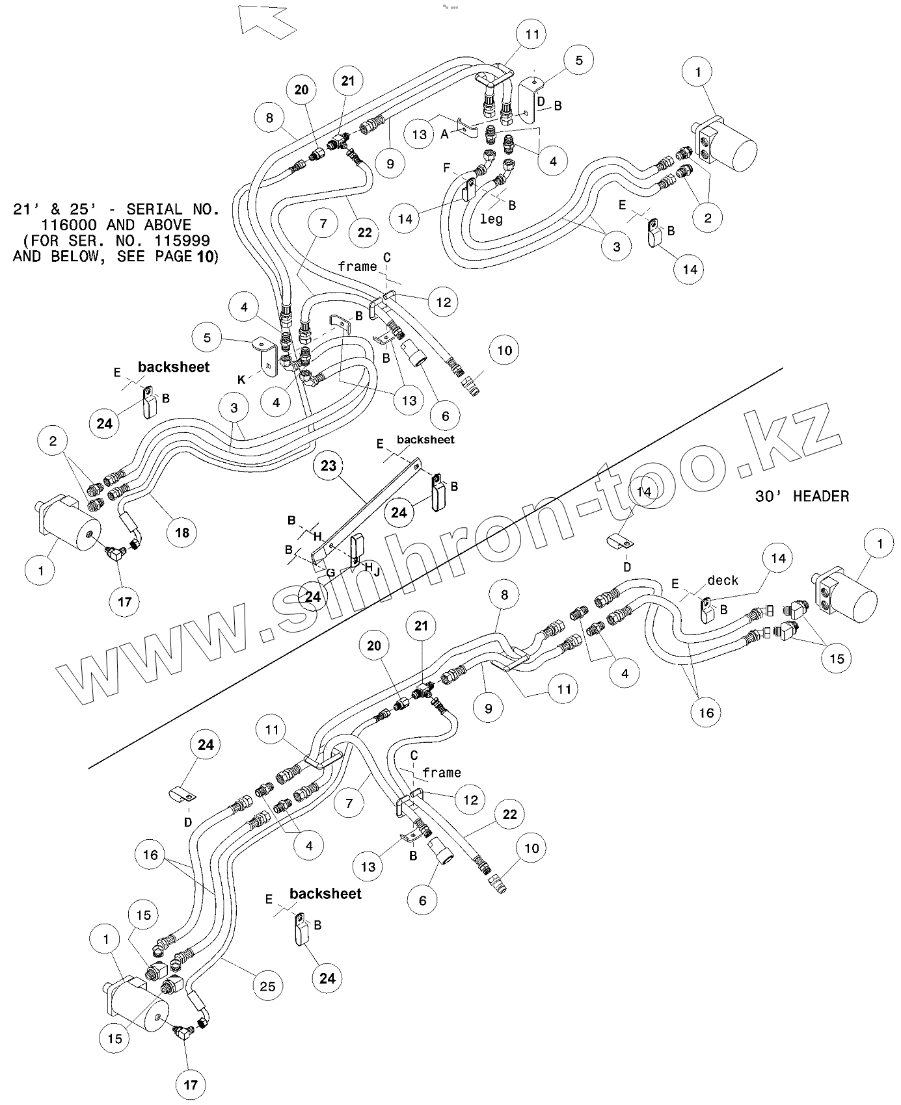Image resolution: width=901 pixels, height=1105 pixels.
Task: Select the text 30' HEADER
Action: click(801, 497)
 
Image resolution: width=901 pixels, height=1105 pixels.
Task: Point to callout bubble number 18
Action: click(182, 532)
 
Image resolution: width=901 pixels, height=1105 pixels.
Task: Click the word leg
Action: click(491, 219)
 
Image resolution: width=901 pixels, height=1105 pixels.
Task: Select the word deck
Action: click(722, 580)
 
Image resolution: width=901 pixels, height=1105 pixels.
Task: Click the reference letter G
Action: click(330, 573)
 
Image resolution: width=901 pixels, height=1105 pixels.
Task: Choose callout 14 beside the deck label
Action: click(778, 558)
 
